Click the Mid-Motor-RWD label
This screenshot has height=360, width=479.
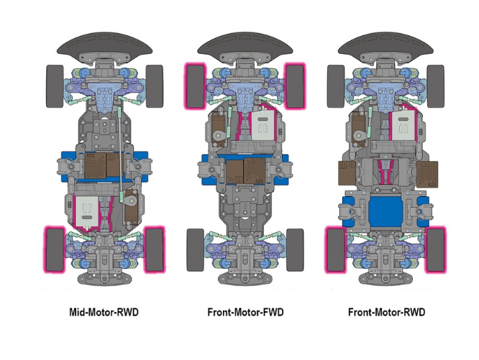click(104, 313)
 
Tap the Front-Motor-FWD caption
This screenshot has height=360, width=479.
click(245, 313)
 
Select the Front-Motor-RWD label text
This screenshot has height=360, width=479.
click(386, 313)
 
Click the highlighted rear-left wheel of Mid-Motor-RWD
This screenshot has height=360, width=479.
click(55, 249)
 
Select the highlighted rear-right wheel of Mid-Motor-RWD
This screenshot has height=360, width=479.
click(154, 249)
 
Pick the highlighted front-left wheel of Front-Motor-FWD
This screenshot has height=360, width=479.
click(196, 86)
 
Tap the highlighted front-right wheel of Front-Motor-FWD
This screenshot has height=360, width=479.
click(295, 86)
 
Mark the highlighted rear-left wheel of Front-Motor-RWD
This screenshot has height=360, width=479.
click(336, 249)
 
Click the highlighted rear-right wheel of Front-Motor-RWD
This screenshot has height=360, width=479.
click(435, 249)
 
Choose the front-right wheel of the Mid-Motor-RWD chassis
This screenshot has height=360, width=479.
click(154, 86)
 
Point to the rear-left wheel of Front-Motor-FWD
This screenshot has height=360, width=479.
click(196, 249)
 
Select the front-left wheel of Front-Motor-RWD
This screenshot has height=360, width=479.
click(336, 86)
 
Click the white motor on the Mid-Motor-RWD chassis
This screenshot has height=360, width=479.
click(86, 212)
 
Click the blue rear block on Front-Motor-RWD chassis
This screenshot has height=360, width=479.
click(386, 214)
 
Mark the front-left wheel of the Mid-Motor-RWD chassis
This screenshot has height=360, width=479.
click(55, 86)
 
